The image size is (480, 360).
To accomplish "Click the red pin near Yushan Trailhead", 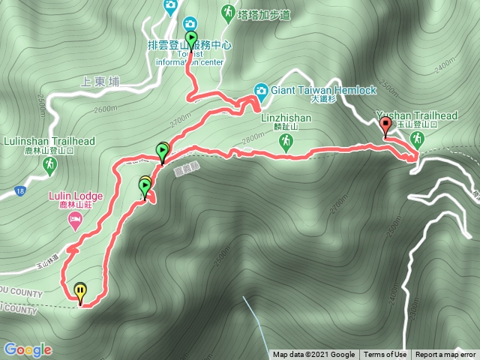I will (386, 126).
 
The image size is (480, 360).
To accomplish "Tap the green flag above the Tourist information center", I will (191, 39).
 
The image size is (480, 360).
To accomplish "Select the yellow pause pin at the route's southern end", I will (80, 290).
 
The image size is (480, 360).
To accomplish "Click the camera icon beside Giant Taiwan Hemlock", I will (262, 90).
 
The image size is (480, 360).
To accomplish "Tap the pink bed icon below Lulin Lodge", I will (75, 220).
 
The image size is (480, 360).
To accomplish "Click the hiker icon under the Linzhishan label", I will (285, 141).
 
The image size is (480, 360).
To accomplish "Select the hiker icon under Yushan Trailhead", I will (415, 139).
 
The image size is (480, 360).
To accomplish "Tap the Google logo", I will (28, 349).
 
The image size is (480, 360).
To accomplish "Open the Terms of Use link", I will (385, 355).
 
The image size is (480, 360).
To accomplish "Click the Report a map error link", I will (445, 355).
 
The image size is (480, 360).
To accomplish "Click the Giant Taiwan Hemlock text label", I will (322, 90).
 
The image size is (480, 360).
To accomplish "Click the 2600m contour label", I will (106, 109).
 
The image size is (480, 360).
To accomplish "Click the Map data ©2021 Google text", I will (313, 355).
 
